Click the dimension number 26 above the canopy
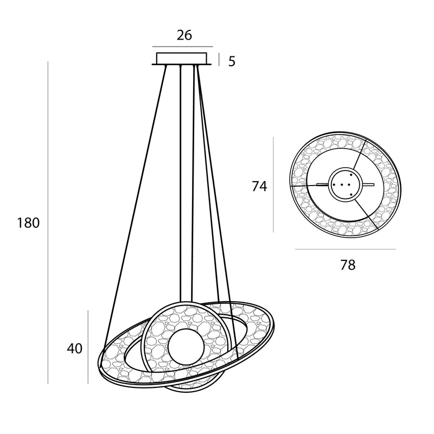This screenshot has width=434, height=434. [x=184, y=35]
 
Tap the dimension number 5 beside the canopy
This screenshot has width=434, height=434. [x=232, y=61]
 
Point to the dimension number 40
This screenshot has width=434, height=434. [x=74, y=348]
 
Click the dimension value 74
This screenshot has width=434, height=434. [x=259, y=186]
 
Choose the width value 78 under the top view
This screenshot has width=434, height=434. [x=348, y=265]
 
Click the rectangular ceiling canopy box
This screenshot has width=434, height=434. [x=182, y=58]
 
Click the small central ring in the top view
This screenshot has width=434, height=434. [x=345, y=184]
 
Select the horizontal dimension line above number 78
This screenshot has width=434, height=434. [x=345, y=249]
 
